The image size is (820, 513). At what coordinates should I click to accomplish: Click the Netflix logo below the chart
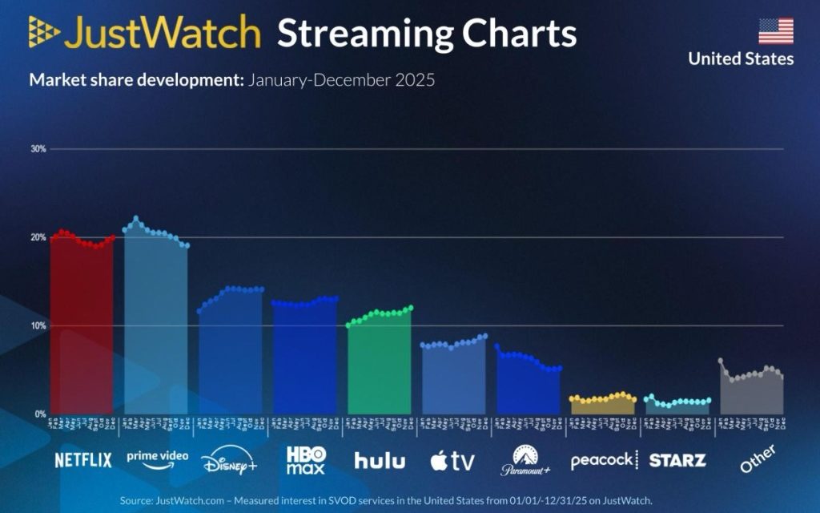[x=82, y=460]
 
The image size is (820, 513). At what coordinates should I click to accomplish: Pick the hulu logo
[x=380, y=460]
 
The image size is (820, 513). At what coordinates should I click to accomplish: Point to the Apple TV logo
[x=452, y=460]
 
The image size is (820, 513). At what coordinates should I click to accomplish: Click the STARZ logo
[x=677, y=460]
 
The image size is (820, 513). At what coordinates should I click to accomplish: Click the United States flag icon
[x=776, y=30]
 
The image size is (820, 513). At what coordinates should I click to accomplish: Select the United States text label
[x=741, y=59]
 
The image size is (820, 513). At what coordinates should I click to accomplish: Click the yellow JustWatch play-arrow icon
[x=43, y=31]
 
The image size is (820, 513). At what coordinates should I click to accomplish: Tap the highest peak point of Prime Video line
[x=136, y=218]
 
